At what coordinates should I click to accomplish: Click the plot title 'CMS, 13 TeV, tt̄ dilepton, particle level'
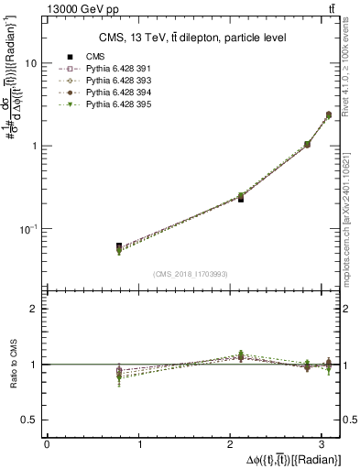click(x=191, y=38)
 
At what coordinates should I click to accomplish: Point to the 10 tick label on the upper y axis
click(x=31, y=63)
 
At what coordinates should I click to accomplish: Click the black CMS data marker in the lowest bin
click(x=119, y=246)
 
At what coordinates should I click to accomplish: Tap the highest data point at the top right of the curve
click(x=328, y=115)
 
